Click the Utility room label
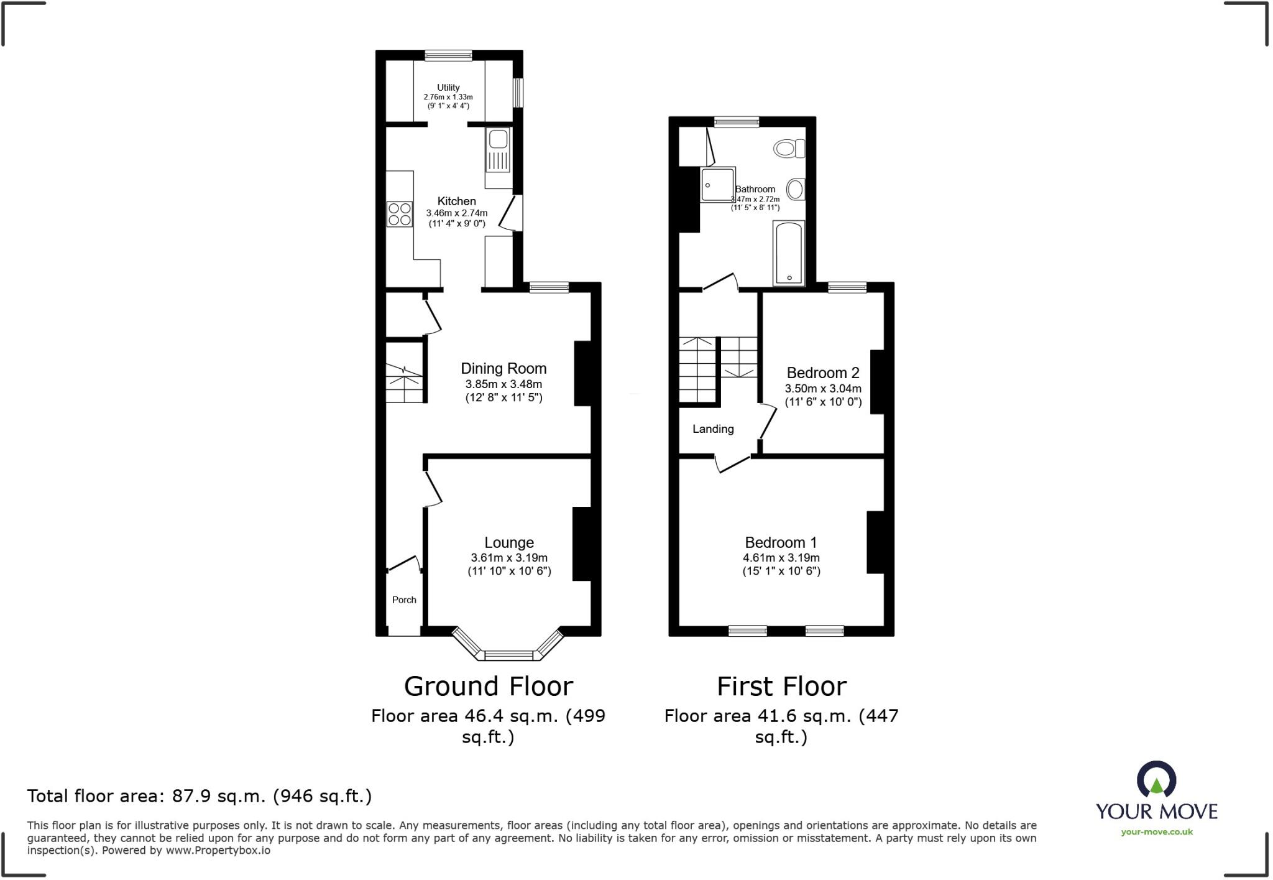click(448, 88)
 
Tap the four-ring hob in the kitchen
click(400, 214)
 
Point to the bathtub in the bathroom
click(789, 253)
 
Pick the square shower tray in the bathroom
click(718, 184)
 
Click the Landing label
click(713, 429)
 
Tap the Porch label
click(404, 600)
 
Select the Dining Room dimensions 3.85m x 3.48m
click(503, 384)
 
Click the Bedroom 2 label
click(823, 373)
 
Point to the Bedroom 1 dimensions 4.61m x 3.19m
click(781, 558)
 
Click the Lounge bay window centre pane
click(508, 655)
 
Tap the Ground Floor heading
click(488, 687)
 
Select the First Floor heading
click(781, 687)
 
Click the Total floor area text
click(199, 796)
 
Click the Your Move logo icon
click(1156, 779)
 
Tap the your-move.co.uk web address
click(1156, 832)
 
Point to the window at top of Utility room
click(448, 55)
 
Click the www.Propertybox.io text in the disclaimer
click(218, 850)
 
